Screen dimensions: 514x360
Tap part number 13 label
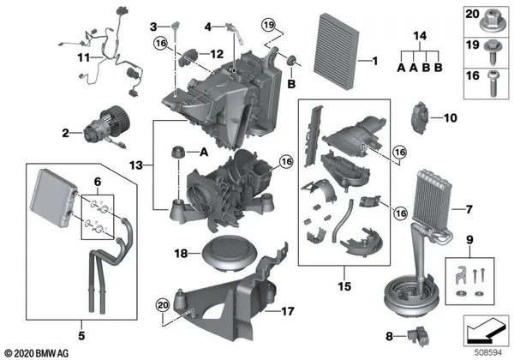(136, 165)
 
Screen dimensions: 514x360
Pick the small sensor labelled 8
(418, 336)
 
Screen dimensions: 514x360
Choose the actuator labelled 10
(420, 117)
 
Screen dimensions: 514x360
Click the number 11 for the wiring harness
(84, 57)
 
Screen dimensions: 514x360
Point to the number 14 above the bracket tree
(420, 36)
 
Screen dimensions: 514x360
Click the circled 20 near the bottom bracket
(163, 305)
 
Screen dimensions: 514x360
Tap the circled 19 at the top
(268, 25)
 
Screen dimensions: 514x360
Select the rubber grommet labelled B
(291, 61)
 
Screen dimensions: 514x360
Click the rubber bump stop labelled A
(178, 152)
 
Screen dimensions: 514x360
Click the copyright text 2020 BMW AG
(37, 353)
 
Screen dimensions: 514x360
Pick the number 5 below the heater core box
(81, 335)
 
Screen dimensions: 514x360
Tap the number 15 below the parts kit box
(344, 286)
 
